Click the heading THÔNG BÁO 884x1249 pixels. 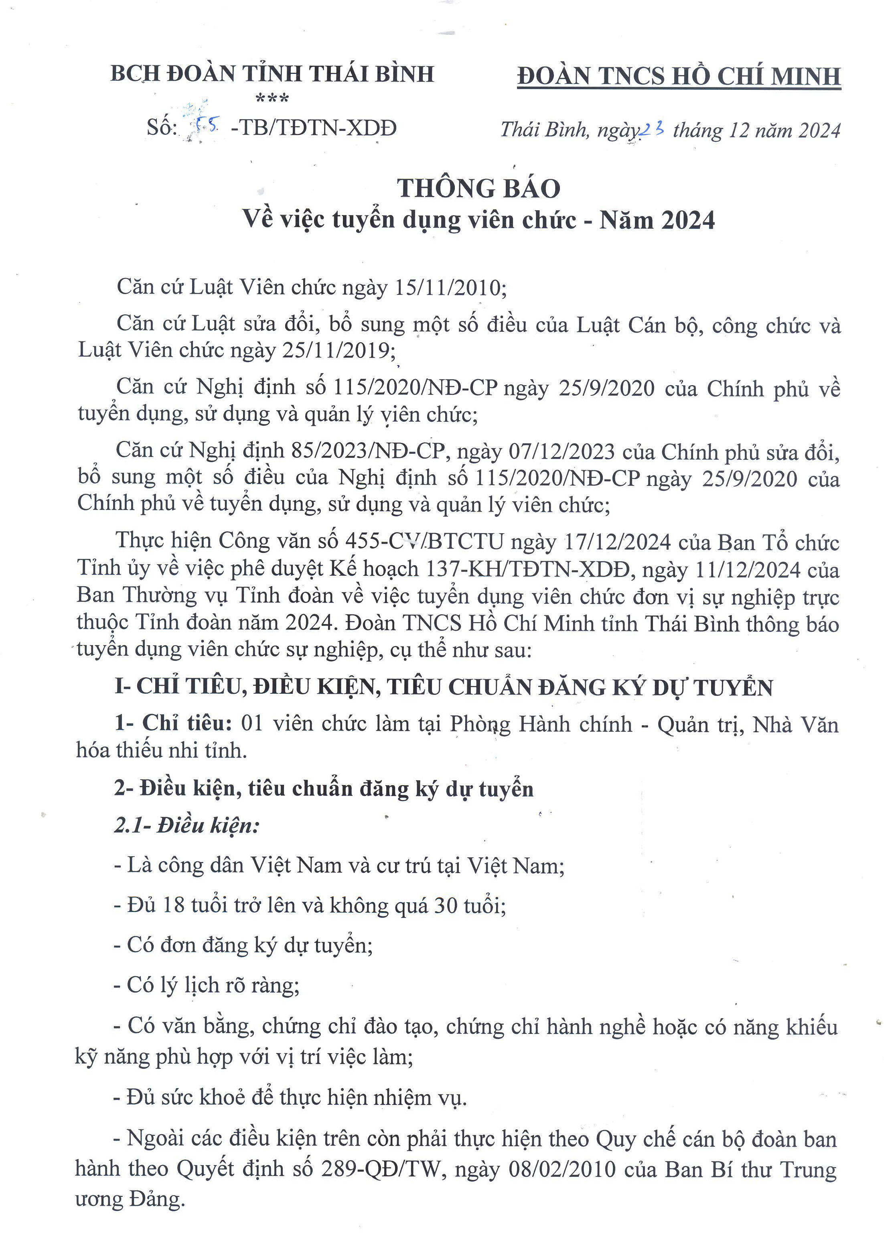point(478,189)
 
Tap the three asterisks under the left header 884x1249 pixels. point(272,99)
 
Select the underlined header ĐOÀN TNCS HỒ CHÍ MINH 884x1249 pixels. point(679,76)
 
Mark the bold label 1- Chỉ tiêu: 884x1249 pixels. point(174,723)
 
